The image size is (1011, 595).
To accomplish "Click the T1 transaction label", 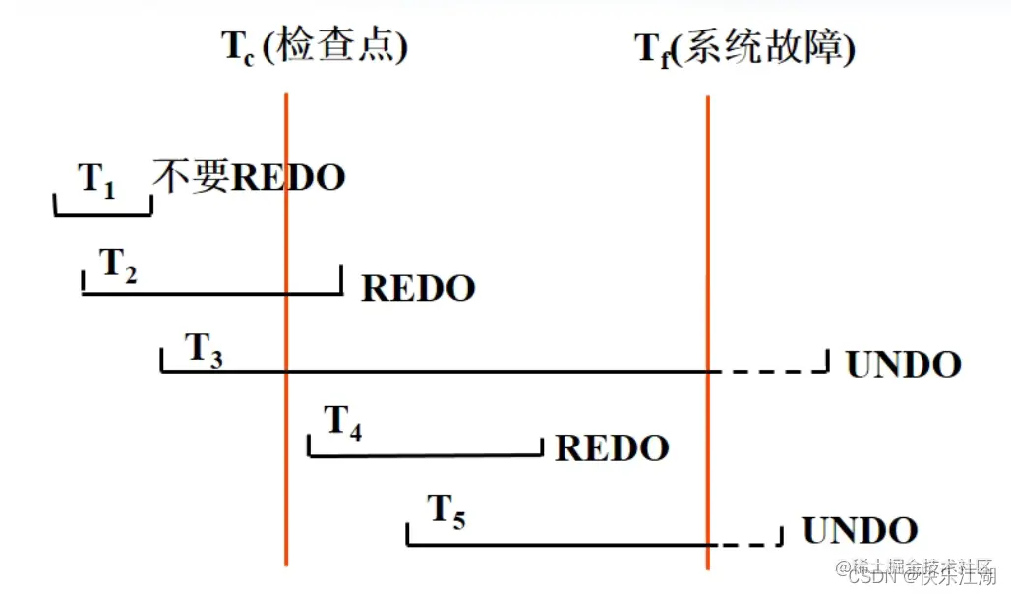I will tap(96, 180).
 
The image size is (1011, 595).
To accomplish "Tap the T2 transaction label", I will tap(119, 265).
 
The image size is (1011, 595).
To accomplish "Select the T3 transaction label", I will tap(204, 350).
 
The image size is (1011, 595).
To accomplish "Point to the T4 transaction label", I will tap(343, 424).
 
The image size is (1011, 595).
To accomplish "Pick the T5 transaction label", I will tap(446, 511).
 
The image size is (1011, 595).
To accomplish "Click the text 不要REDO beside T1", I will tap(250, 178).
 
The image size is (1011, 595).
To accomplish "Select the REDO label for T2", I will tap(419, 289).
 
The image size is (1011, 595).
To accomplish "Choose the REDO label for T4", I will tap(612, 448).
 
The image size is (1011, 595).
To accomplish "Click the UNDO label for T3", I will tap(903, 365).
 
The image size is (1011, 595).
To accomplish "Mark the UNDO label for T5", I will tap(860, 531).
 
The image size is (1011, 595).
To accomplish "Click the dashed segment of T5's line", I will tap(744, 544).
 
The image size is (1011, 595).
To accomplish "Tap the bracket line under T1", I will tap(103, 213).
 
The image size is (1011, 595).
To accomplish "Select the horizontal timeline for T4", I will tap(425, 455).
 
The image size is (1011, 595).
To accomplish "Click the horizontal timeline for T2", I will tap(211, 294).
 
